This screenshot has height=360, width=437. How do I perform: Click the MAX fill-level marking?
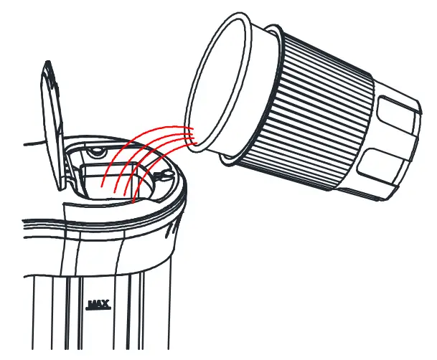pyautogui.click(x=98, y=304)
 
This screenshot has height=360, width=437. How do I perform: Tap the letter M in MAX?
pyautogui.click(x=91, y=303)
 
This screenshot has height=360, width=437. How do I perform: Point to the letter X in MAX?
pyautogui.click(x=105, y=303)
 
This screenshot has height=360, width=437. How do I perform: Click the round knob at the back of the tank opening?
pyautogui.click(x=95, y=151)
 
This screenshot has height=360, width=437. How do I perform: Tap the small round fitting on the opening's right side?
pyautogui.click(x=161, y=175)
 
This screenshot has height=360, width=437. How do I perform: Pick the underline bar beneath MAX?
pyautogui.click(x=98, y=309)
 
